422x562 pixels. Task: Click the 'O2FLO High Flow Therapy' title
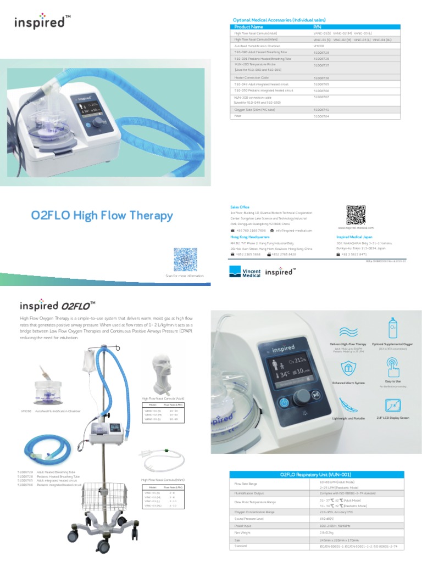[x=102, y=216]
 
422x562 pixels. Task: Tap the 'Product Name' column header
[x=248, y=26]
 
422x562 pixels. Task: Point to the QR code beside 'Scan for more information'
[x=185, y=259]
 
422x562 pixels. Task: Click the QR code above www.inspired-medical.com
[x=356, y=213]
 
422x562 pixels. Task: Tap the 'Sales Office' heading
[x=240, y=207]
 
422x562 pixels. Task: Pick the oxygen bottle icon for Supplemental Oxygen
[x=392, y=328]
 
